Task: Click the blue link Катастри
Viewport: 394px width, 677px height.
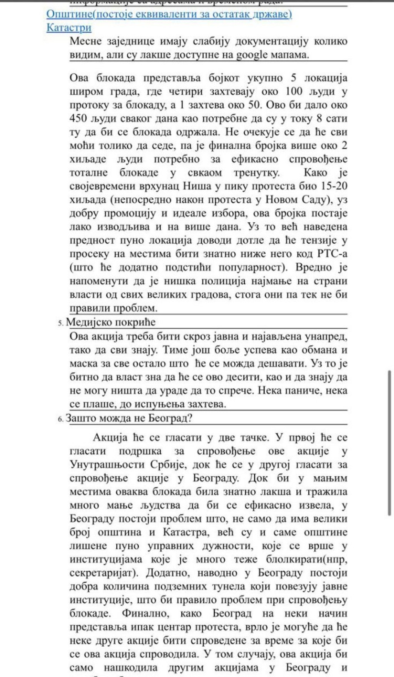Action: [x=69, y=28]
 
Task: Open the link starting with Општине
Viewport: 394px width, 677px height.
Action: [x=169, y=14]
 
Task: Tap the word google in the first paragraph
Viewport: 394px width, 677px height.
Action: [x=252, y=55]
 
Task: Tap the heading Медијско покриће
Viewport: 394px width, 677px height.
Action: [x=111, y=322]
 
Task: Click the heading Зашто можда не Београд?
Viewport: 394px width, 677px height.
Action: [x=129, y=418]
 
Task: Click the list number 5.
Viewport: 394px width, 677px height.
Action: [x=60, y=323]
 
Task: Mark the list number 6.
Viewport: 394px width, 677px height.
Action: [x=60, y=419]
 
